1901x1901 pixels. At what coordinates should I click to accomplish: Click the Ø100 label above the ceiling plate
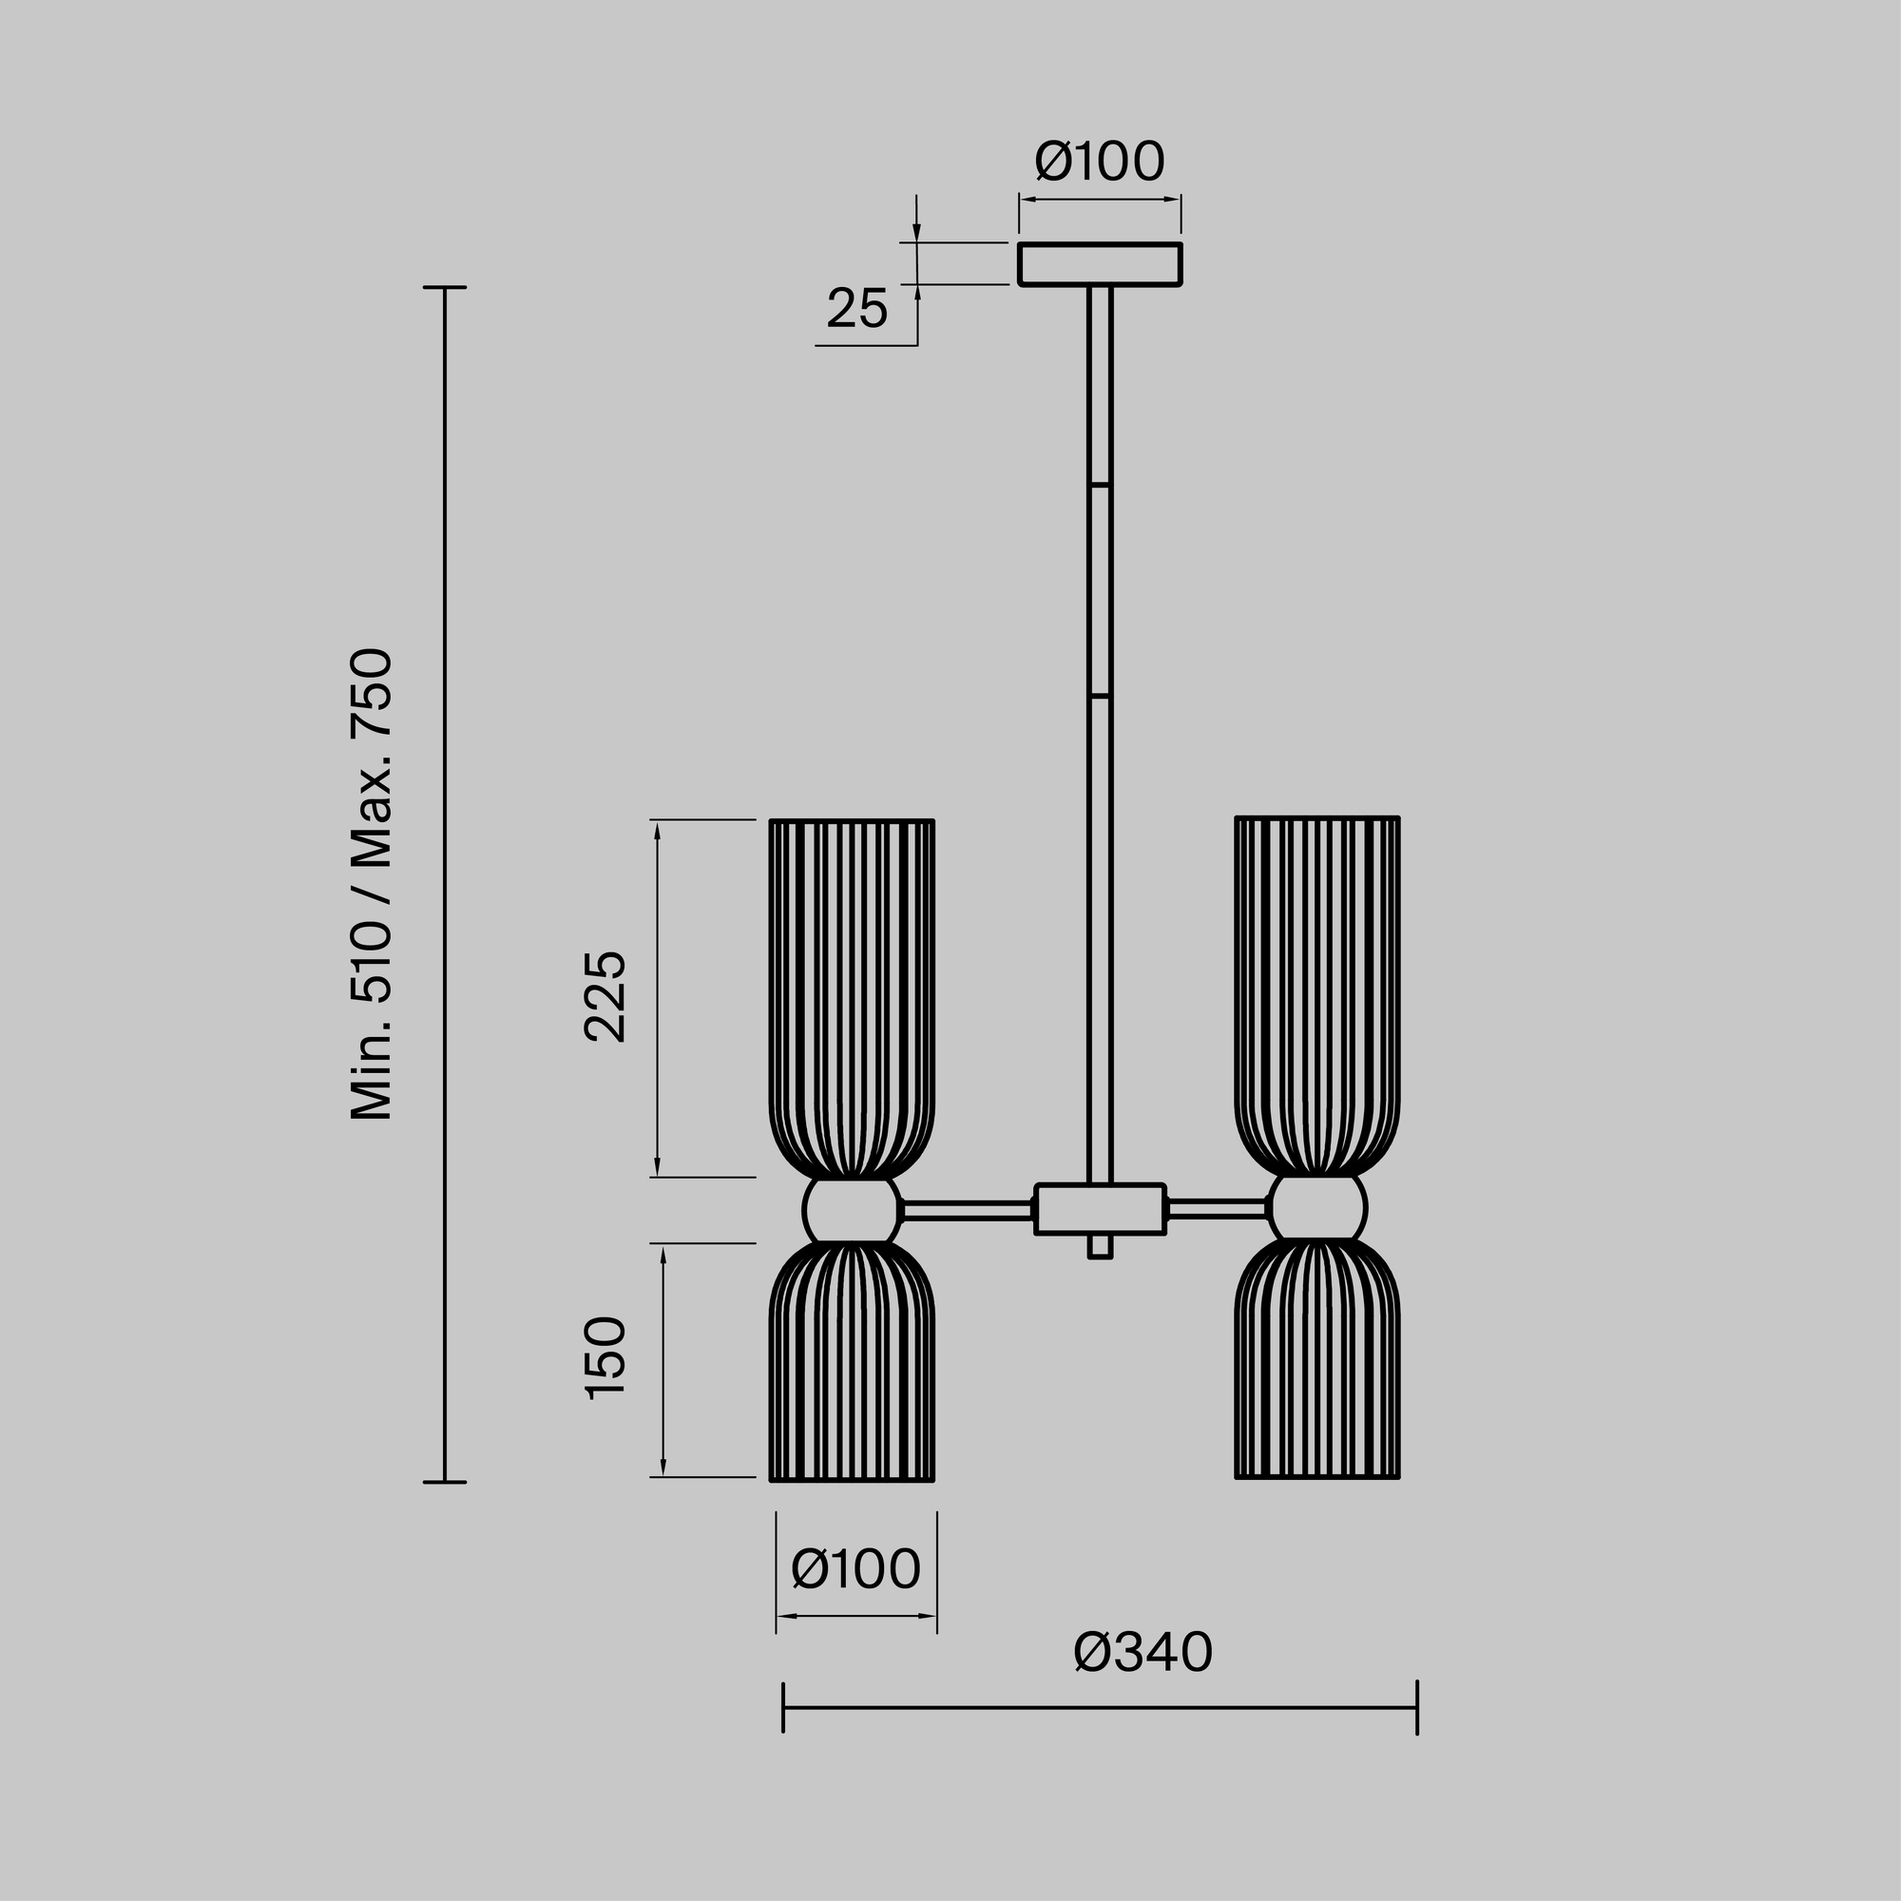click(1099, 163)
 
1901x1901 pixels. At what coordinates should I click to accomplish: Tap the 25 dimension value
click(856, 309)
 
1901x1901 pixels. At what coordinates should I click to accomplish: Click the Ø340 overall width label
click(1143, 1653)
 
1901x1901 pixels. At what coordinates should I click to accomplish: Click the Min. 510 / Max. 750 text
click(373, 884)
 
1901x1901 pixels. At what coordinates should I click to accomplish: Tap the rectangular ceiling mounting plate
click(1099, 263)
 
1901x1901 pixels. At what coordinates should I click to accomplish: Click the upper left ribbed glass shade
click(851, 994)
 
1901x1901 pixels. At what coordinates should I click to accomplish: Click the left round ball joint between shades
click(851, 1210)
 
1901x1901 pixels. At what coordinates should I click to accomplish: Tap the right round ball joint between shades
click(1317, 1207)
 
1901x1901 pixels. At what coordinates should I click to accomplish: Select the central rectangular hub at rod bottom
click(1099, 1208)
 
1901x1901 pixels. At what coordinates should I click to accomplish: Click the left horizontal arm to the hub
click(967, 1211)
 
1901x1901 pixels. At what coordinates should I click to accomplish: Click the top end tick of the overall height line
click(444, 288)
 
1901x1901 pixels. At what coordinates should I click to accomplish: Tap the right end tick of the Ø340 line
click(1417, 1707)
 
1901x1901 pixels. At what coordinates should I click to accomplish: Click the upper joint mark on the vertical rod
click(1099, 486)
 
